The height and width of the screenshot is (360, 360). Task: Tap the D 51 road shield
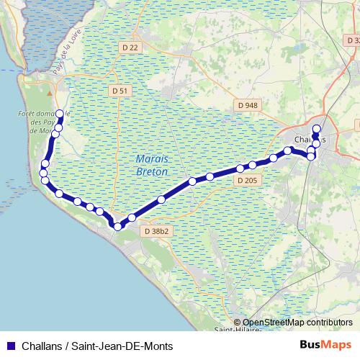coord(122,91)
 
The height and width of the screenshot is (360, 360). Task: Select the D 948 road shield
coord(247,105)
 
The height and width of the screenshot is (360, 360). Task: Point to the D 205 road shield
coord(247,180)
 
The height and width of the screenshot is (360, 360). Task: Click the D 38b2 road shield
coord(156,232)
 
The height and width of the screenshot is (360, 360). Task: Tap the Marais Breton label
coord(151,166)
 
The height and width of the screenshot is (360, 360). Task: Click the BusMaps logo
coord(325,345)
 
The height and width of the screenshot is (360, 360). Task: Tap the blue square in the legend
coord(11,346)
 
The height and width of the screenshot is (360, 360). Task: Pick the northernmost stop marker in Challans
coord(316,127)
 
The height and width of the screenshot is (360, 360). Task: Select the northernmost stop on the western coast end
coord(59,113)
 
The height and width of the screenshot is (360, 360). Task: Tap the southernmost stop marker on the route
coord(118,225)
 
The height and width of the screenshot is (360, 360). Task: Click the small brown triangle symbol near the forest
coord(49,93)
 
